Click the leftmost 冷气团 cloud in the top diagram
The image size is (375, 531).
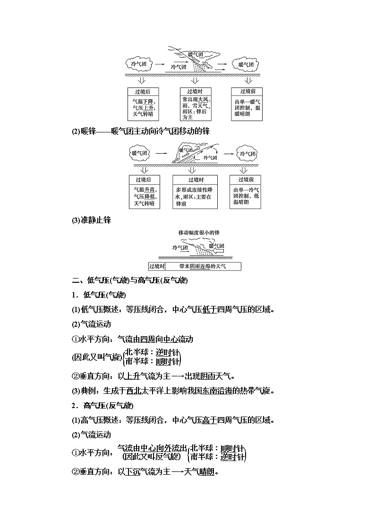click(137, 64)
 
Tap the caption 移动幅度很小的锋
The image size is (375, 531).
click(199, 233)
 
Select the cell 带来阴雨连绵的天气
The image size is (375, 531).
click(203, 266)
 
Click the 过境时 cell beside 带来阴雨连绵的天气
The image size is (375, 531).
click(156, 266)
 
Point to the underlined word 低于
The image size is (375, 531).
click(209, 310)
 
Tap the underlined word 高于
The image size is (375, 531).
click(209, 420)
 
